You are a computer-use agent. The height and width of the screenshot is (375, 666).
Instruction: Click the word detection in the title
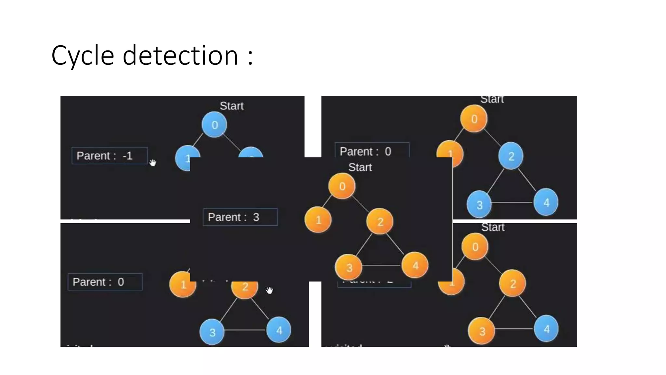(180, 55)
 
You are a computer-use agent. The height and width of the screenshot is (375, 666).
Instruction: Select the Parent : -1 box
(110, 156)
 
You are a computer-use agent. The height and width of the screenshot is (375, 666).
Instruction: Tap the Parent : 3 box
(240, 217)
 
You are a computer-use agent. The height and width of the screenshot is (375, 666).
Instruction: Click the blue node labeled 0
(214, 125)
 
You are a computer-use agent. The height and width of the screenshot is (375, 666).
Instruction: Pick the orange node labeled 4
(415, 265)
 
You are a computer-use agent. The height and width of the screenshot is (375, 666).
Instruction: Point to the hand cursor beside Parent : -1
(153, 162)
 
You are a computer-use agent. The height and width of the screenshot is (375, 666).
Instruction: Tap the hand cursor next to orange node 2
(270, 290)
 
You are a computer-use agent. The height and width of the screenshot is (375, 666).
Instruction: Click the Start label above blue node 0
(232, 106)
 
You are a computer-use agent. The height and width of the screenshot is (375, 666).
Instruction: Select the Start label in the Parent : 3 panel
(360, 167)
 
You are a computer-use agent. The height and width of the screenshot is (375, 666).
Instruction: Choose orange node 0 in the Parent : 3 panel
(342, 186)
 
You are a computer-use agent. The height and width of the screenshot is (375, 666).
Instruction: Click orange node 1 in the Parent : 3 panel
(318, 220)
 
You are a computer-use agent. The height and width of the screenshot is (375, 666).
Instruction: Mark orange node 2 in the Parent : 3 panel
(380, 222)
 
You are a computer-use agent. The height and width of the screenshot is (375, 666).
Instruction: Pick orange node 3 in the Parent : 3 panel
(349, 268)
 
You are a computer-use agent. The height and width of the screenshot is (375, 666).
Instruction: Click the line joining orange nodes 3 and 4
(381, 266)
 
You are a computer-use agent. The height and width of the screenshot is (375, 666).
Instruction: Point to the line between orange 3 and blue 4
(514, 329)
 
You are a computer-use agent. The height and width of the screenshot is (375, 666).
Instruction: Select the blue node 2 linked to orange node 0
(511, 156)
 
